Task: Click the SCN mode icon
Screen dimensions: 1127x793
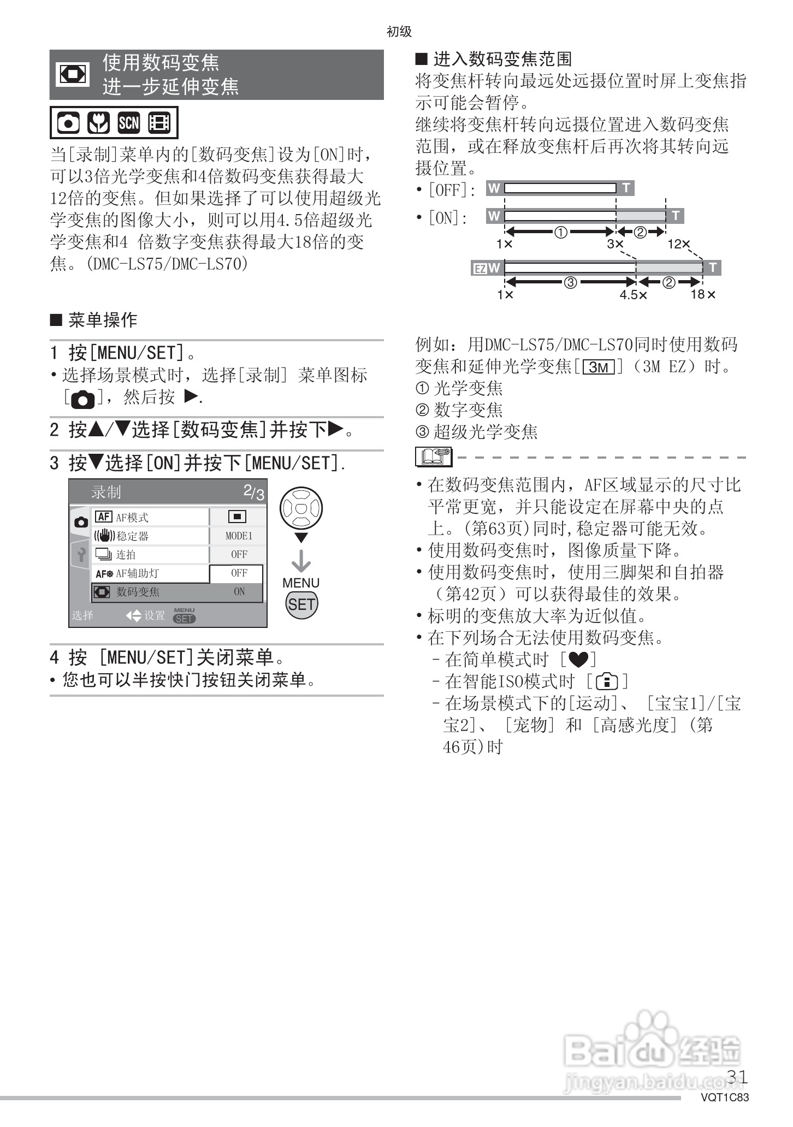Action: pyautogui.click(x=129, y=123)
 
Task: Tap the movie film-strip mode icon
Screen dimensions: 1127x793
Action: pyautogui.click(x=159, y=123)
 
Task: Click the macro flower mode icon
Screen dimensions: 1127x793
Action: pyautogui.click(x=99, y=123)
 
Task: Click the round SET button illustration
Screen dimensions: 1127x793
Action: pyautogui.click(x=301, y=604)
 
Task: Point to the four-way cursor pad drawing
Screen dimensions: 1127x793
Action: pyautogui.click(x=301, y=508)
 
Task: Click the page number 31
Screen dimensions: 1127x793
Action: pyautogui.click(x=737, y=1077)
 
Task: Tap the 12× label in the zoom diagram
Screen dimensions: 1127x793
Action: pyautogui.click(x=679, y=244)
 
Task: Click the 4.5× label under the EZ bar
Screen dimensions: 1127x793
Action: pyautogui.click(x=633, y=295)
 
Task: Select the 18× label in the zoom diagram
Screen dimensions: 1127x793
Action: pyautogui.click(x=702, y=295)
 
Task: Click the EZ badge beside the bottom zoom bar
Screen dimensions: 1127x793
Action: pyautogui.click(x=480, y=269)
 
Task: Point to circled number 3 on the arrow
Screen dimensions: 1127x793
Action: pyautogui.click(x=570, y=282)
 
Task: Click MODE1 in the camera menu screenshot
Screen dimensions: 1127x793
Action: pyautogui.click(x=239, y=536)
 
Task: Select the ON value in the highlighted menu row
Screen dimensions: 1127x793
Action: pyautogui.click(x=239, y=591)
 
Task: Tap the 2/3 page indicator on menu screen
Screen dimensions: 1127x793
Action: pyautogui.click(x=253, y=492)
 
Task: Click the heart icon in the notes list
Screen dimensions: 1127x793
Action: pyautogui.click(x=578, y=660)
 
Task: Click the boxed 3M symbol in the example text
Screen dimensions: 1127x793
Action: pyautogui.click(x=599, y=367)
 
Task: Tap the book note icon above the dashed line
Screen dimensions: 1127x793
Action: pyautogui.click(x=434, y=456)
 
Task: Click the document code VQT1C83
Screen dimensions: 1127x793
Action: pyautogui.click(x=725, y=1098)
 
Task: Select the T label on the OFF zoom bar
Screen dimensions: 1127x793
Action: pyautogui.click(x=626, y=188)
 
